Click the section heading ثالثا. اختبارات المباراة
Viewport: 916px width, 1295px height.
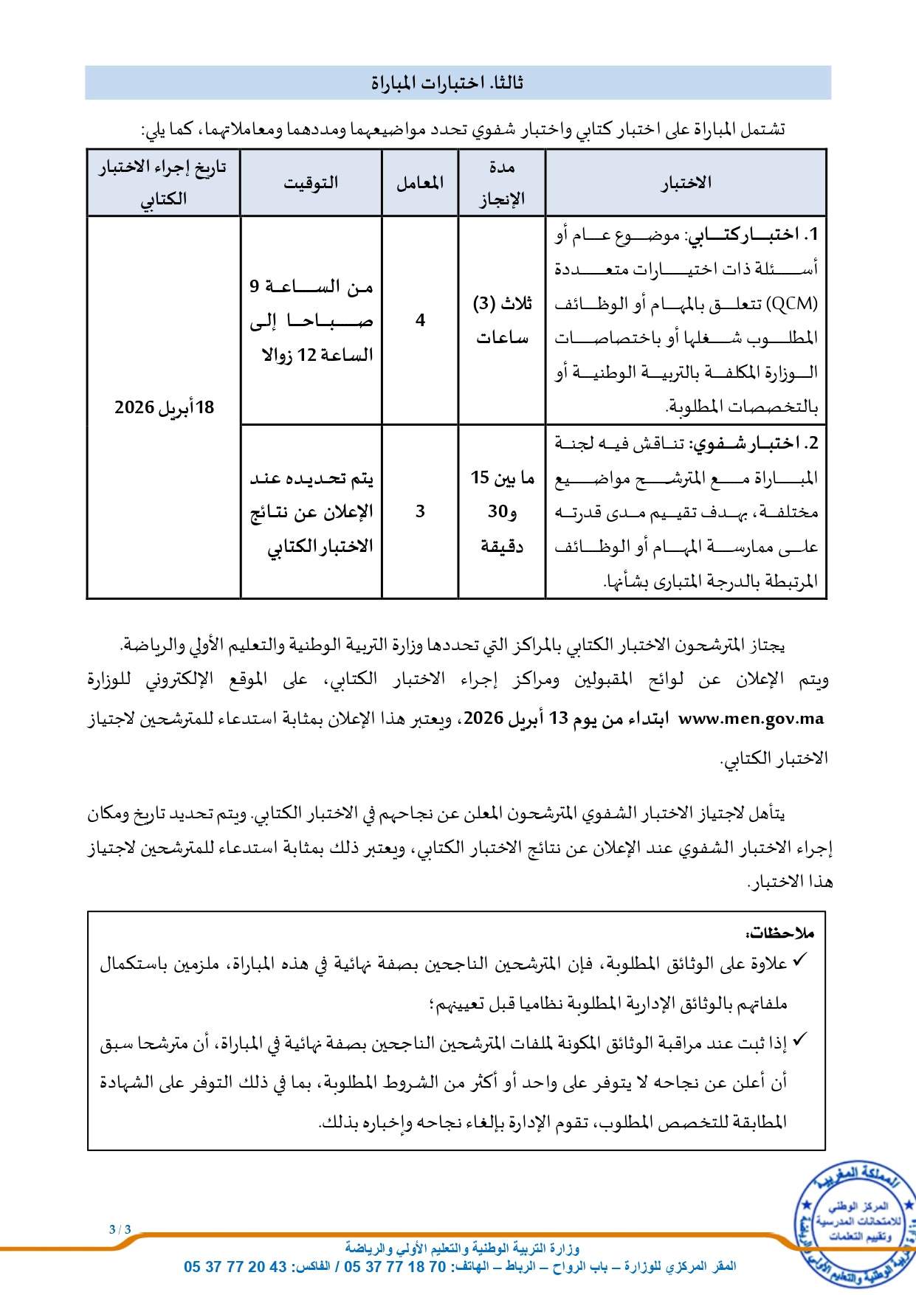coord(447,83)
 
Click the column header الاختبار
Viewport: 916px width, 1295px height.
coord(686,183)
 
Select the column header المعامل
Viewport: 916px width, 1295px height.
coord(420,183)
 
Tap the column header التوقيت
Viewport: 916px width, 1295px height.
coord(311,183)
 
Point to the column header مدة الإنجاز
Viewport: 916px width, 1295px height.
coord(502,183)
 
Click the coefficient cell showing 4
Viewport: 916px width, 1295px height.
coord(420,320)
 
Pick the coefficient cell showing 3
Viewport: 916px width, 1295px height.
coord(420,511)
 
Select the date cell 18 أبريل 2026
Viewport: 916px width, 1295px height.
coord(164,407)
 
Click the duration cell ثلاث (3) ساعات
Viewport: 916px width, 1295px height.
coord(502,320)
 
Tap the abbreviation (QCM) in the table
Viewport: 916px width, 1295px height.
coord(792,303)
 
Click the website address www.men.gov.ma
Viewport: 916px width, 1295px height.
coord(751,718)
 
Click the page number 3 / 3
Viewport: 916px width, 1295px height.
coord(120,1229)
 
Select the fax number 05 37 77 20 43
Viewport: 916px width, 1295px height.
coord(235,1267)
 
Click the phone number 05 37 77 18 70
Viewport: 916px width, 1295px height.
coord(395,1267)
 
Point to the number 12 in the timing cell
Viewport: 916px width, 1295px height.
coord(307,355)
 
